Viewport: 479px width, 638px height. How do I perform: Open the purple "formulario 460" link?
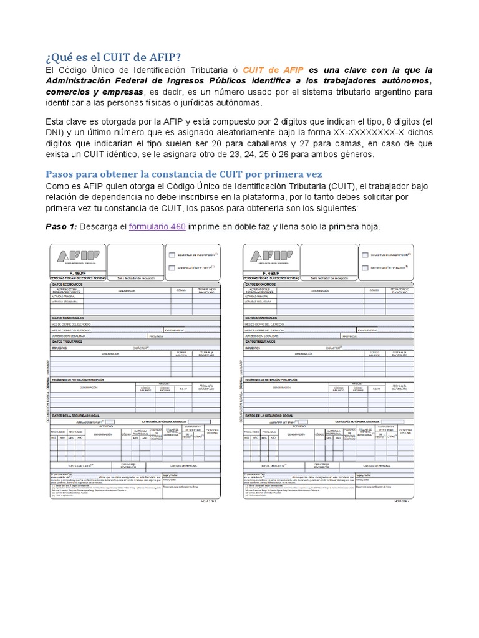[x=157, y=226]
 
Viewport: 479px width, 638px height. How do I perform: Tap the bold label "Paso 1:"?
[x=61, y=226]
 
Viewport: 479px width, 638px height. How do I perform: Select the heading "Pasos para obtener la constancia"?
[x=184, y=173]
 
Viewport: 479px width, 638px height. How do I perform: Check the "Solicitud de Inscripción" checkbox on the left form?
[x=172, y=255]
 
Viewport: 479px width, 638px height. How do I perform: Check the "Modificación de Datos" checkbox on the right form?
[x=366, y=267]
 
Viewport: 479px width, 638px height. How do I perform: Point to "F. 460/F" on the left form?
[x=78, y=272]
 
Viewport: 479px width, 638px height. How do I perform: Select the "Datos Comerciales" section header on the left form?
[x=68, y=318]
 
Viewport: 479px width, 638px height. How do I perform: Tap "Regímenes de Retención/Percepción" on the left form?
[x=78, y=379]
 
